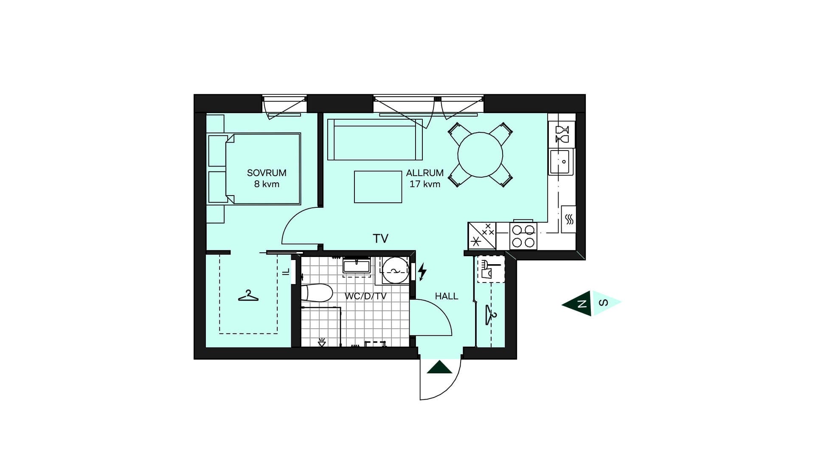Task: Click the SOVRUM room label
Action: (267, 173)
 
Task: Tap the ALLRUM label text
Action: (424, 173)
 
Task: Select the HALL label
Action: (447, 296)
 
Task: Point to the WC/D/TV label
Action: (365, 296)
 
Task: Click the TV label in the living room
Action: (381, 239)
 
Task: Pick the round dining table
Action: (480, 155)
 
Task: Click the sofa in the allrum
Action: (375, 140)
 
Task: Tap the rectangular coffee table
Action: (378, 187)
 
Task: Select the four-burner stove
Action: (523, 236)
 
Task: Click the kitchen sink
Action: (561, 162)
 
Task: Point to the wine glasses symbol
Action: (562, 134)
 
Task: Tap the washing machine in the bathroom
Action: (396, 270)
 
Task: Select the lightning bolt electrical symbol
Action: (422, 272)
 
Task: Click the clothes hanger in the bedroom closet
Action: (248, 296)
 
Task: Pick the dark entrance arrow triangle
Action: (439, 367)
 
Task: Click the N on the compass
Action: (582, 304)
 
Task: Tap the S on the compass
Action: (603, 303)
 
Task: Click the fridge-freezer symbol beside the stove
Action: (482, 236)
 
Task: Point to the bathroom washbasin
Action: (357, 266)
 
